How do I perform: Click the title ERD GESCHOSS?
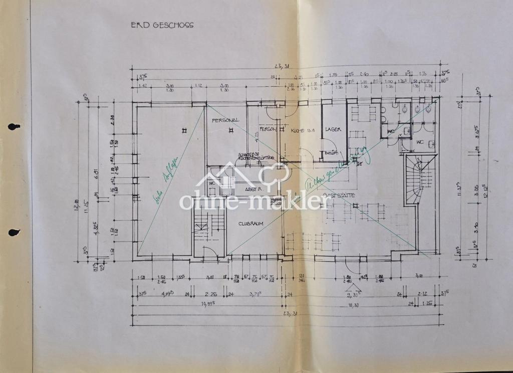[x=162, y=25]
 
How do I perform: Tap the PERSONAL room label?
[x=225, y=120]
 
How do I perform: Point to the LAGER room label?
[x=333, y=129]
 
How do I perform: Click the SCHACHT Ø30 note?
[x=248, y=154]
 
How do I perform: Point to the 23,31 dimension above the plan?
[x=282, y=66]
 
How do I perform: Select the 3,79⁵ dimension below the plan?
[x=258, y=294]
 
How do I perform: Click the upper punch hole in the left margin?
[x=14, y=127]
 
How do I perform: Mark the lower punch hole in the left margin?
[x=14, y=232]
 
